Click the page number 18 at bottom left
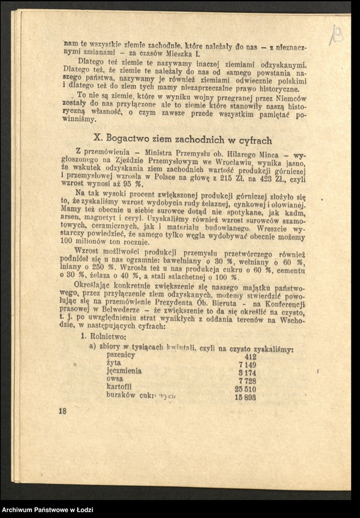[63, 410]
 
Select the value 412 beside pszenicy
[250, 356]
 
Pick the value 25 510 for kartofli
[246, 390]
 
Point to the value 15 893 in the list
[245, 398]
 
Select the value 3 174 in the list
[247, 373]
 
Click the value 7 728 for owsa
[247, 382]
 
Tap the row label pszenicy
[121, 355]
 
